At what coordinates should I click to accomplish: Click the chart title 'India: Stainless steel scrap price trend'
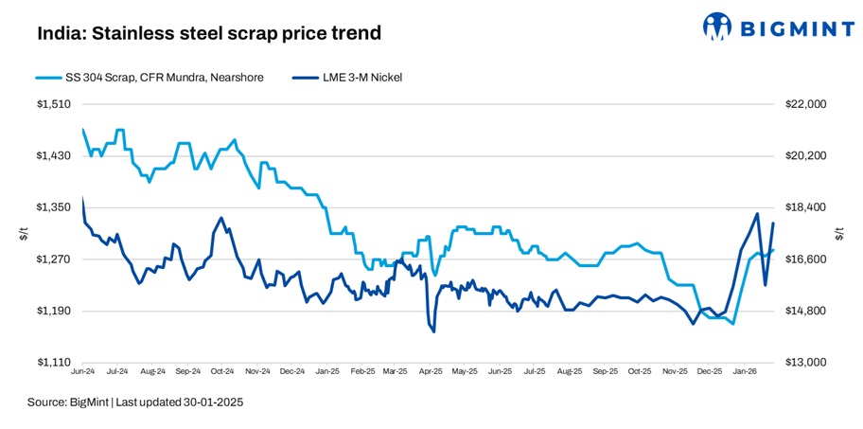coord(209,34)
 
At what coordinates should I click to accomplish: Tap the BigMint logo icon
coord(718,27)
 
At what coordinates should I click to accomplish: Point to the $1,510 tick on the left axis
coord(54,104)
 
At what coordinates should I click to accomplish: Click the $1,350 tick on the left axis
coord(54,207)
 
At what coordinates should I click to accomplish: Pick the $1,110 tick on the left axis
coord(54,363)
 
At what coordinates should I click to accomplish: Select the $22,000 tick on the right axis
coord(806,104)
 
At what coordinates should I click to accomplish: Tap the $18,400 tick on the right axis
coord(806,207)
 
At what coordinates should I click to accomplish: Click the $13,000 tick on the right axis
coord(806,363)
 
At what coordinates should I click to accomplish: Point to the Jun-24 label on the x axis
coord(83,373)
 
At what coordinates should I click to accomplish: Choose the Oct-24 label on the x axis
coord(223,373)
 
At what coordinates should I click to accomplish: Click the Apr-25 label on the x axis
coord(432,373)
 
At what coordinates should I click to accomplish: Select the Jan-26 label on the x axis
coord(747,373)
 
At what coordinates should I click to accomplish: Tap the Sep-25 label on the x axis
coord(607,373)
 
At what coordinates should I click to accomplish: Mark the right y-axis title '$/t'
coord(839,234)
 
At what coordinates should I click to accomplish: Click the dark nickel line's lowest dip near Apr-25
coord(433,331)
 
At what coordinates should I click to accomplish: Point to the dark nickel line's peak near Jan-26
coord(757,214)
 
